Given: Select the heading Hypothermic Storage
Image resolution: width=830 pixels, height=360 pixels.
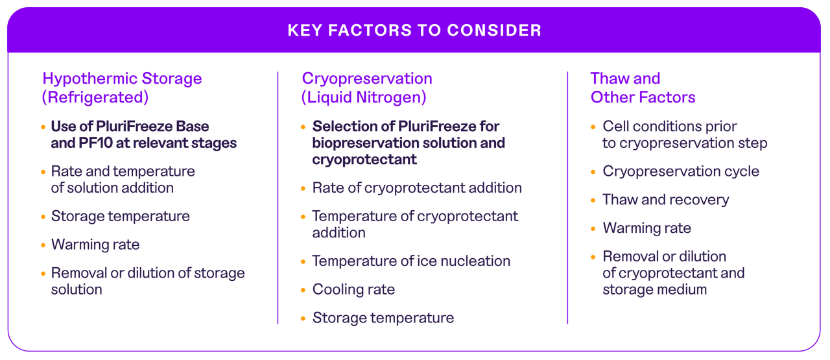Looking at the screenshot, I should click(122, 78).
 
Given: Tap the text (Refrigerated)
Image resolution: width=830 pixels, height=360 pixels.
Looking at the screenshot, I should click(95, 97).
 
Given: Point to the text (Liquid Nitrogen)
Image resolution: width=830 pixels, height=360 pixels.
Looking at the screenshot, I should click(364, 97).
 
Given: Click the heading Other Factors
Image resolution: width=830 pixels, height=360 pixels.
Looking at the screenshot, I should click(643, 97).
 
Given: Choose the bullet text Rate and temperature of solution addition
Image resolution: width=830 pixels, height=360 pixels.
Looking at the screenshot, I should click(123, 180).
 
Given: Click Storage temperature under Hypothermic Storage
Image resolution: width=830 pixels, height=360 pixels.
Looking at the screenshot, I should click(121, 216).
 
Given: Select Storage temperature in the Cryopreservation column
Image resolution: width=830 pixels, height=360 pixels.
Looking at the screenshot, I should click(383, 318).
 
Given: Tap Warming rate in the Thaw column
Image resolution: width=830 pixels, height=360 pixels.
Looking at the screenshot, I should click(646, 228).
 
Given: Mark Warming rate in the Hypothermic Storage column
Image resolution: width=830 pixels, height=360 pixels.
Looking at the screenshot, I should click(95, 245).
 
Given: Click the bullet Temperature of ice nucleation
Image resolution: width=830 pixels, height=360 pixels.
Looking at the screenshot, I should click(411, 261).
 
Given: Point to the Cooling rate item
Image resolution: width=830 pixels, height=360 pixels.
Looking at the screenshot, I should click(353, 289).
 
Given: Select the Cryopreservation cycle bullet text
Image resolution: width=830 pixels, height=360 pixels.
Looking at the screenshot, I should click(681, 171).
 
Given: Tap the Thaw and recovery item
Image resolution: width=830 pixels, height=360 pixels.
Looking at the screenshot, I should click(665, 200).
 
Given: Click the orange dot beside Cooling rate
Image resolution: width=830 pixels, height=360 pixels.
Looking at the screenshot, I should click(303, 290).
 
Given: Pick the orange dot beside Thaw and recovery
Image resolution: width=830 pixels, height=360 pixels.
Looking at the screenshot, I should click(593, 200).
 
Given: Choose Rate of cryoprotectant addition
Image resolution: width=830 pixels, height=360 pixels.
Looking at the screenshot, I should click(417, 187).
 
